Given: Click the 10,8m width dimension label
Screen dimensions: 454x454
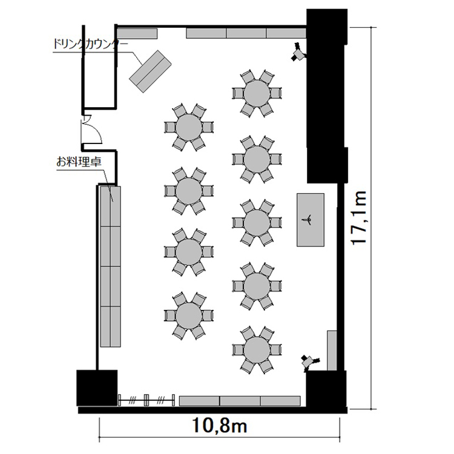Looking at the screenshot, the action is tap(220, 426).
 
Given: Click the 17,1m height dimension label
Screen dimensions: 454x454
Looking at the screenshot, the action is tap(359, 218).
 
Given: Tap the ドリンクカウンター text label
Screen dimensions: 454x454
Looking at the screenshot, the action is tap(90, 45).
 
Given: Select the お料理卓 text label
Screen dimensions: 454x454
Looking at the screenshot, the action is tap(79, 162).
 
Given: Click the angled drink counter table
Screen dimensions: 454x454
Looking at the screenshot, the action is tap(150, 71).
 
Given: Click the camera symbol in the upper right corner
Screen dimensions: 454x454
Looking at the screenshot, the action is tap(298, 53).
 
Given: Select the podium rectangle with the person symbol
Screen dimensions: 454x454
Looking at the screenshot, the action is tap(311, 220).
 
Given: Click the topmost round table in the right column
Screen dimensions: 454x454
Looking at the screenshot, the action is tap(257, 93).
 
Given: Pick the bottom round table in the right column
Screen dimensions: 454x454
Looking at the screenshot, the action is tap(257, 350).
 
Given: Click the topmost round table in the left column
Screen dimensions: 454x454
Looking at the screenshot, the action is tap(189, 127).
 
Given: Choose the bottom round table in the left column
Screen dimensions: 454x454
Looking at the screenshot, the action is tap(189, 315).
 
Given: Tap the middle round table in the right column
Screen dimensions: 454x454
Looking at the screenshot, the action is tap(257, 223).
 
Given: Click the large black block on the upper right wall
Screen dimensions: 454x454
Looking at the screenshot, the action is tap(327, 96).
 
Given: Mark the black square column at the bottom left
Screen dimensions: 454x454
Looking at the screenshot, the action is tap(97, 388).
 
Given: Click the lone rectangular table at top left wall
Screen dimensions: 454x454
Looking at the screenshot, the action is tap(137, 33).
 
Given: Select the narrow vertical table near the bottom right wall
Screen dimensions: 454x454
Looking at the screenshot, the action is tap(332, 350).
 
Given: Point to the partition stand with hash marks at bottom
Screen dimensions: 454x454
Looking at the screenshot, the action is tap(146, 400).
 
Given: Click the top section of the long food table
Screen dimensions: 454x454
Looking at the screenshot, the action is tap(110, 206).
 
